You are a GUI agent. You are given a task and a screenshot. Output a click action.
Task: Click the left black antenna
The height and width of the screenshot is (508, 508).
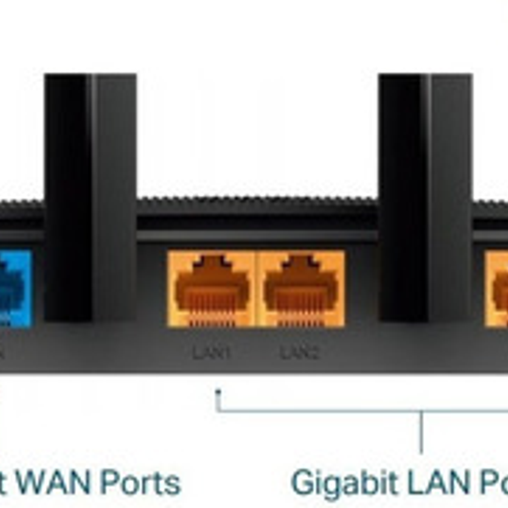[90, 196]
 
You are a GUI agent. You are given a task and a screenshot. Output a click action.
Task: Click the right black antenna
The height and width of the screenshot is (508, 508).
[425, 196]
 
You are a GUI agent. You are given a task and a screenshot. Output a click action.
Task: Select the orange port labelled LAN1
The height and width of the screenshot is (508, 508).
[211, 289]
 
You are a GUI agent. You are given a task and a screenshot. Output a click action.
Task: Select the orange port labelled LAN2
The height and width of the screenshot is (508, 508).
[300, 289]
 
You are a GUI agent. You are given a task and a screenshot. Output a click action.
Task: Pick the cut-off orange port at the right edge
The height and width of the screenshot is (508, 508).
[497, 289]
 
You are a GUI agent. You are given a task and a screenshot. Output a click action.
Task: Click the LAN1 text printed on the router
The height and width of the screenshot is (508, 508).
[212, 353]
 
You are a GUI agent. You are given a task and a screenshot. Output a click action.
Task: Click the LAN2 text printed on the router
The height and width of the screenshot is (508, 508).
[300, 353]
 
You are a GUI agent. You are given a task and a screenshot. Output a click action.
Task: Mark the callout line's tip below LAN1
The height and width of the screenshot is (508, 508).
[218, 392]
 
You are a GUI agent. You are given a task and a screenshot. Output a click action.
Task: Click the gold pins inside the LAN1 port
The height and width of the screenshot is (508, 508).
[211, 320]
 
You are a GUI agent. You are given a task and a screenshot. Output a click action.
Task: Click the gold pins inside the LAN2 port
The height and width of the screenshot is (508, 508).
[300, 320]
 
